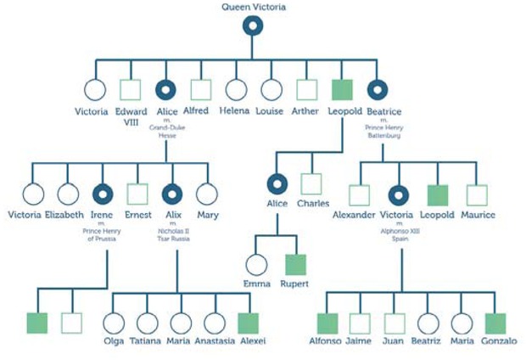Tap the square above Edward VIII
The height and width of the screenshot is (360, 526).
[130, 89]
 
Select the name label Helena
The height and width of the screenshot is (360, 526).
[235, 111]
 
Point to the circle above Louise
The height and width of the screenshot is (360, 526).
[271, 89]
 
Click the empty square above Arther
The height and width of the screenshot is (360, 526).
[306, 89]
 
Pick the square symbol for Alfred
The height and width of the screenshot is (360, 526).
[200, 89]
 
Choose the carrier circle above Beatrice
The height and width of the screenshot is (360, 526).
[378, 89]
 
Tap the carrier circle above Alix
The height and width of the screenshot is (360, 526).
[172, 194]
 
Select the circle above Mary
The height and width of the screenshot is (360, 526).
[207, 194]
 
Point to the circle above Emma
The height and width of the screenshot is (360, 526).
[256, 265]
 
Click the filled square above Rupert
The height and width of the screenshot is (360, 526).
[294, 265]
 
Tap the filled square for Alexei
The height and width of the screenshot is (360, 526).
[250, 323]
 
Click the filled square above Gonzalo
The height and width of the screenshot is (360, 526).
[495, 323]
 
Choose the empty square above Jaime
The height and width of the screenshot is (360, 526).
[360, 323]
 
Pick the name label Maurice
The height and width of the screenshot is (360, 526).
[478, 215]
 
